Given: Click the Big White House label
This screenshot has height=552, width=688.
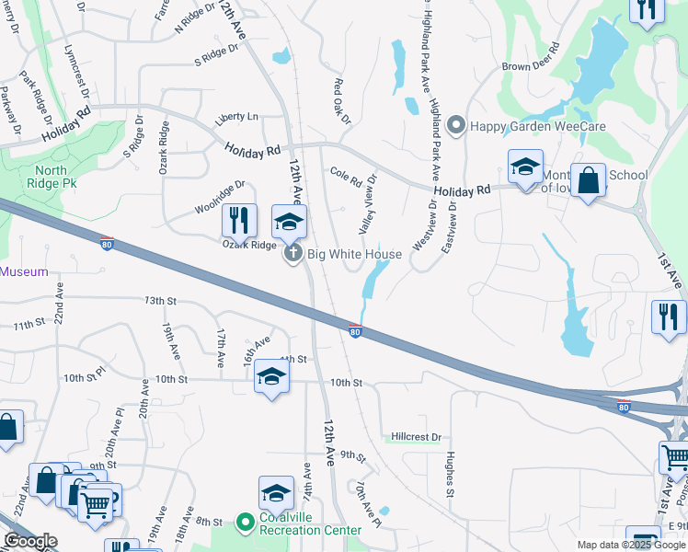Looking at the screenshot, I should [354, 254].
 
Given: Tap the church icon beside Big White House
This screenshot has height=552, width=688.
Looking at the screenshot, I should [293, 254].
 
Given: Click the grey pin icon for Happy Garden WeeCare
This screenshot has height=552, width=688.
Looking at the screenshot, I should [454, 124].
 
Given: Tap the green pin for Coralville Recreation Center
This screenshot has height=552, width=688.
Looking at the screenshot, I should [245, 523].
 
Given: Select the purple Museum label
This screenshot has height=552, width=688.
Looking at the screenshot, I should [23, 271].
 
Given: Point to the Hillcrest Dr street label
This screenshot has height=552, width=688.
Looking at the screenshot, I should [416, 437].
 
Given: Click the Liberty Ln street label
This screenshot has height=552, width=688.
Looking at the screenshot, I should [236, 117].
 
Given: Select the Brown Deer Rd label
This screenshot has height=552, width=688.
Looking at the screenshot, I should [531, 66].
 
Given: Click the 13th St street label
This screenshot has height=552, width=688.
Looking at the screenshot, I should [158, 301].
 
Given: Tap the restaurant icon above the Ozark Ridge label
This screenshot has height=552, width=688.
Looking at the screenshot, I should [239, 219].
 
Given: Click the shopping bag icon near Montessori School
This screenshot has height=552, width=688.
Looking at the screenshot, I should [588, 179].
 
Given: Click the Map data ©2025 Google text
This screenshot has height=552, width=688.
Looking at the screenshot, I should [630, 545].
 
